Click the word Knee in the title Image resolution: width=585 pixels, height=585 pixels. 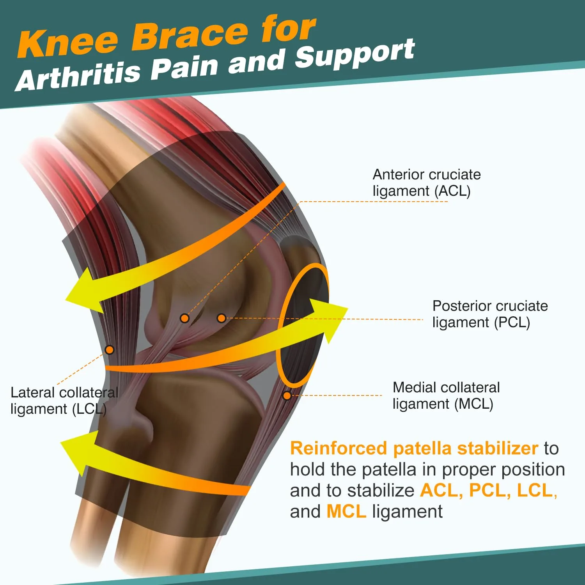tap(68, 42)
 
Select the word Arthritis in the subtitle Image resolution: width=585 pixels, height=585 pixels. tap(78, 75)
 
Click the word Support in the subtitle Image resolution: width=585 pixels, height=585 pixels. tap(355, 53)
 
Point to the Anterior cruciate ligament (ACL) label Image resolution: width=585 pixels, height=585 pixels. tap(426, 183)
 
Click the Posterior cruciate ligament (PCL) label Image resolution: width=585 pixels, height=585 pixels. tap(490, 314)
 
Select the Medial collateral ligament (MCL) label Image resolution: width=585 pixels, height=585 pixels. tap(446, 395)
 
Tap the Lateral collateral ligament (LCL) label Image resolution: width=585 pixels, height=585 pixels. tap(64, 401)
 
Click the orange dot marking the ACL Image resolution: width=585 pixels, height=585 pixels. tap(185, 318)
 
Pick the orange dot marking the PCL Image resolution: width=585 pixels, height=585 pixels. tap(221, 318)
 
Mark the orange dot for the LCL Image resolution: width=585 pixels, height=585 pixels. tap(110, 350)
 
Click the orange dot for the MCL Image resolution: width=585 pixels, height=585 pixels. tap(287, 395)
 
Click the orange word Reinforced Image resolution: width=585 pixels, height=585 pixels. tap(338, 448)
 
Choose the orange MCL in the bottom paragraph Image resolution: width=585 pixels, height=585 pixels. tap(346, 512)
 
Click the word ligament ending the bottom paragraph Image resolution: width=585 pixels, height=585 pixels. tap(407, 512)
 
